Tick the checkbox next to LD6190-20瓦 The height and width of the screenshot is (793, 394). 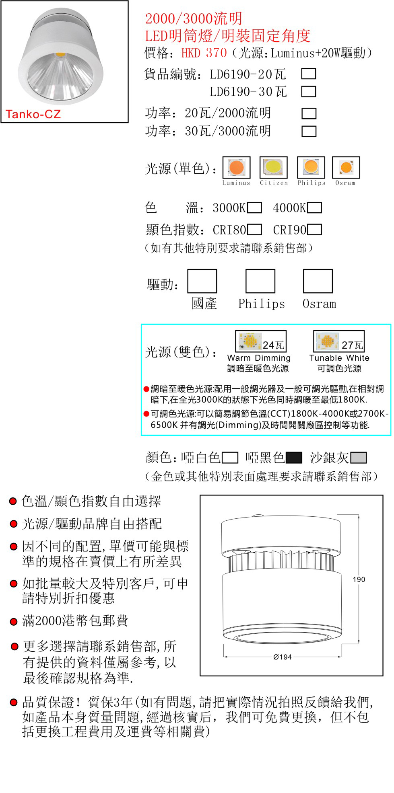[309, 74]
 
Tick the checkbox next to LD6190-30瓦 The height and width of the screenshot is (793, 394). [309, 91]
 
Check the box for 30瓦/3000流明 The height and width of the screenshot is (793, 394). [309, 131]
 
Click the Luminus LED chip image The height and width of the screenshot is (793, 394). [237, 167]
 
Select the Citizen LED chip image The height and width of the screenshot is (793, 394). [274, 167]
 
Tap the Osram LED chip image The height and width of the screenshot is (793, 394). [346, 167]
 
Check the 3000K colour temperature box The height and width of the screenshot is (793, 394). [254, 207]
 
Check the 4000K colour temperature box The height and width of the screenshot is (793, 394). [315, 207]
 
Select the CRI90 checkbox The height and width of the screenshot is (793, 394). [315, 229]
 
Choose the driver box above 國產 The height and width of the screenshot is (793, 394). [202, 281]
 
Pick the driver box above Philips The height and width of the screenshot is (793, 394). [260, 281]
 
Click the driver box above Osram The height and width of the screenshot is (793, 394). [318, 281]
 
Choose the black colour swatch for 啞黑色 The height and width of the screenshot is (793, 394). [294, 458]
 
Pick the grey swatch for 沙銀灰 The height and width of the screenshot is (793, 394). [359, 458]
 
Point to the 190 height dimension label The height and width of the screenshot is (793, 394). [359, 579]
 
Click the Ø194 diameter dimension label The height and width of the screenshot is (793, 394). [283, 657]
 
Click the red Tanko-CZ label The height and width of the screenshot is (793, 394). [33, 114]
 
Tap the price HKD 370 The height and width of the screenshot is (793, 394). [204, 53]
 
